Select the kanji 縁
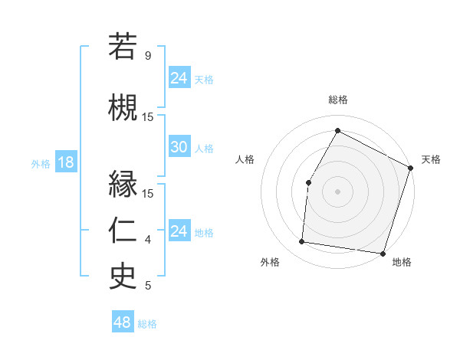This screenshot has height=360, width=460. click(123, 184)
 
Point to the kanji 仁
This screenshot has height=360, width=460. click(123, 229)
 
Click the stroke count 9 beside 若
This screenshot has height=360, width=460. click(148, 56)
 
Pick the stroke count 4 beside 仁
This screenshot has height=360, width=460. click(148, 240)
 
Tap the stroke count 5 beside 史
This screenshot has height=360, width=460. click(148, 286)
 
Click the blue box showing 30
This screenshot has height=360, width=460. click(179, 147)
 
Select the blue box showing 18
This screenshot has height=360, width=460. click(65, 162)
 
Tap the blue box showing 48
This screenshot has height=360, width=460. click(123, 322)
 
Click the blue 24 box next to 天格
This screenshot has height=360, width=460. click(179, 77)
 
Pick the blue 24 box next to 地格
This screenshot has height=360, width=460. click(179, 231)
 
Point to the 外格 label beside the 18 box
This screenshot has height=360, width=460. click(40, 163)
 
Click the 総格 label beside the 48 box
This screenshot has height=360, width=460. click(147, 324)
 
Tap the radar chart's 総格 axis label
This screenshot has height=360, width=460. click(337, 100)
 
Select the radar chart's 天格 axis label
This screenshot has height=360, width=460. click(431, 159)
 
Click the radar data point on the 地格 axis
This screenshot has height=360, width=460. click(383, 253)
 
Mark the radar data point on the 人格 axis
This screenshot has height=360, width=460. click(308, 182)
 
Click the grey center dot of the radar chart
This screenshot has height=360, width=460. click(337, 191)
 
